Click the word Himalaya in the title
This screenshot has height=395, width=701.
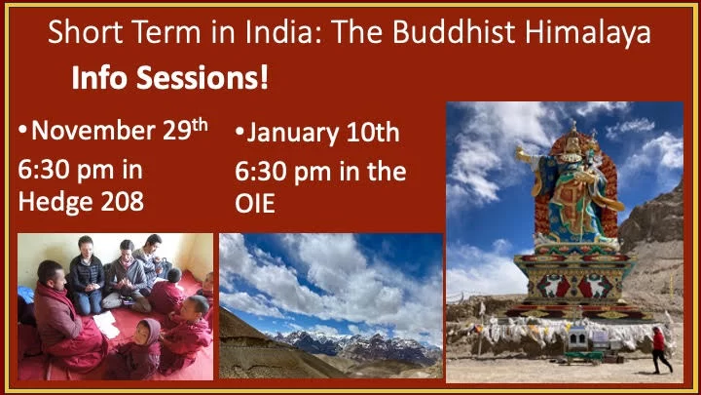point(588,32)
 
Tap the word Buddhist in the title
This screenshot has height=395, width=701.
point(455,32)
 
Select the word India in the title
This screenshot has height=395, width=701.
point(283,32)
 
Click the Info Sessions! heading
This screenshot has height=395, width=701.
point(170,77)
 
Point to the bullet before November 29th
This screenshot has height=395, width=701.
point(22,131)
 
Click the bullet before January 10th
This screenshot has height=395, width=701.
point(240,132)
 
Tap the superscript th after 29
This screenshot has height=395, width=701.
point(200,124)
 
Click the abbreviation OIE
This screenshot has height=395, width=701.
point(255,204)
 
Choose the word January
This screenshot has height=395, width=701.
point(293,134)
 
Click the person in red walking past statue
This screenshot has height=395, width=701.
point(660,350)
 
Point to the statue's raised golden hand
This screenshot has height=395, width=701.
point(522,155)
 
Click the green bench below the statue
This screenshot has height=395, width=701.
point(584,357)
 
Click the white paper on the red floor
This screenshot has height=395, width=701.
point(106,324)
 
